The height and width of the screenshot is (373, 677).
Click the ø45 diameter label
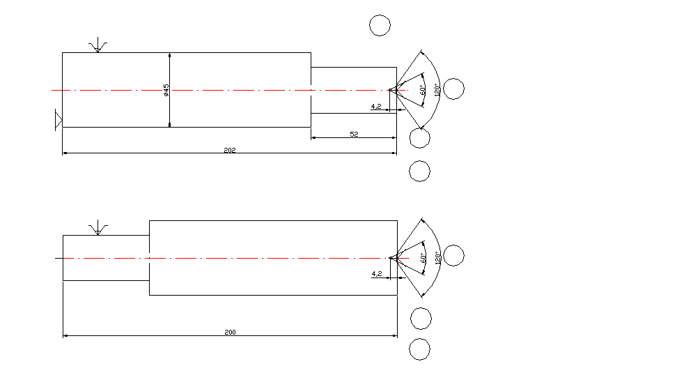pos(166,90)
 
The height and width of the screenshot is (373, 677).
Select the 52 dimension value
pos(354,134)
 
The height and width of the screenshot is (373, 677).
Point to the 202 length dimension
pos(230,150)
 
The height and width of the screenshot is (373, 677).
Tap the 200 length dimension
pos(230,332)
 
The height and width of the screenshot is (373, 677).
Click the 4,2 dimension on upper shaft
pos(375,107)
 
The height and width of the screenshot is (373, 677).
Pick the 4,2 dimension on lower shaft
pos(377,274)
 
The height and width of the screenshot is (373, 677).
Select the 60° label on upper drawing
pos(422,90)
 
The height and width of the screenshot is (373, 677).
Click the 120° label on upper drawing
pos(437,90)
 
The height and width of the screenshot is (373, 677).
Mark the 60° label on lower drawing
pos(423,258)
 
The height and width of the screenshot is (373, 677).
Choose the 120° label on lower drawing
pos(437,257)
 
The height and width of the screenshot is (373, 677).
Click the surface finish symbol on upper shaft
pos(98,45)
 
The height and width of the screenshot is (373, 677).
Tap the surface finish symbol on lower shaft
pos(98,228)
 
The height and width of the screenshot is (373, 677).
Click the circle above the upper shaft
pos(380,25)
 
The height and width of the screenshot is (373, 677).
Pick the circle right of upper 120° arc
pos(453,89)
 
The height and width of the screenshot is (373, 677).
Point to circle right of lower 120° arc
pos(453,256)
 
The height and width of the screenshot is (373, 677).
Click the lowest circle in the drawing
pos(419,349)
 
